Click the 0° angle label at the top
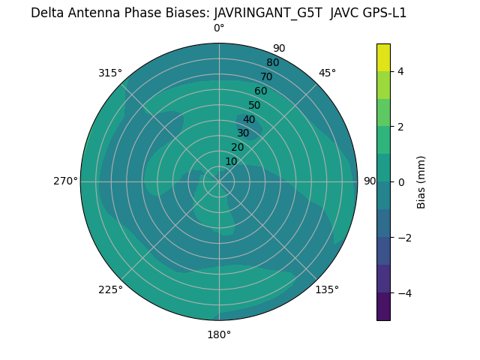pyautogui.click(x=219, y=28)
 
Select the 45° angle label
pyautogui.click(x=327, y=73)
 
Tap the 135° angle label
pyautogui.click(x=327, y=289)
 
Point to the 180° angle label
pyautogui.click(x=219, y=334)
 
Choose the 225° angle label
pyautogui.click(x=110, y=289)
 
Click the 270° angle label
pyautogui.click(x=65, y=181)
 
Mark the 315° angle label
pyautogui.click(x=110, y=73)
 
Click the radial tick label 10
pyautogui.click(x=231, y=161)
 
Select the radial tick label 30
pyautogui.click(x=243, y=133)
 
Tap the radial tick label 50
pyautogui.click(x=255, y=106)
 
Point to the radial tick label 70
pyautogui.click(x=267, y=76)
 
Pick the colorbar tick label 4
pyautogui.click(x=400, y=71)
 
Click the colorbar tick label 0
pyautogui.click(x=400, y=182)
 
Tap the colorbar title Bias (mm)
pyautogui.click(x=421, y=182)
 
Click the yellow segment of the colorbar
pyautogui.click(x=383, y=57)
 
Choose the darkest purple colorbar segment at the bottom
pyautogui.click(x=383, y=307)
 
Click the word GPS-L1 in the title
pyautogui.click(x=382, y=13)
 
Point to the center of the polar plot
pyautogui.click(x=219, y=181)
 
